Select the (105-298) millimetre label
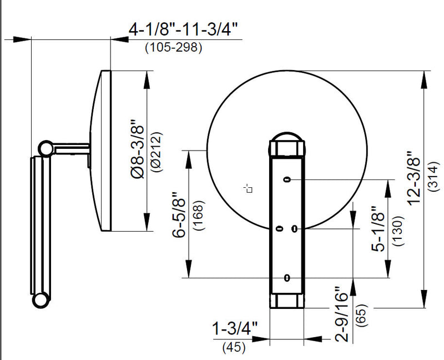(173, 47)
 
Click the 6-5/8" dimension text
(179, 215)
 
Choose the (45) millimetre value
(235, 348)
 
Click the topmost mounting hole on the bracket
(287, 179)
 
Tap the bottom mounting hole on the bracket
(287, 277)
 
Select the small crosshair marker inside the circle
(249, 189)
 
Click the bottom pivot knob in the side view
(41, 299)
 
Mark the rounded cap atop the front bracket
(287, 137)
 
